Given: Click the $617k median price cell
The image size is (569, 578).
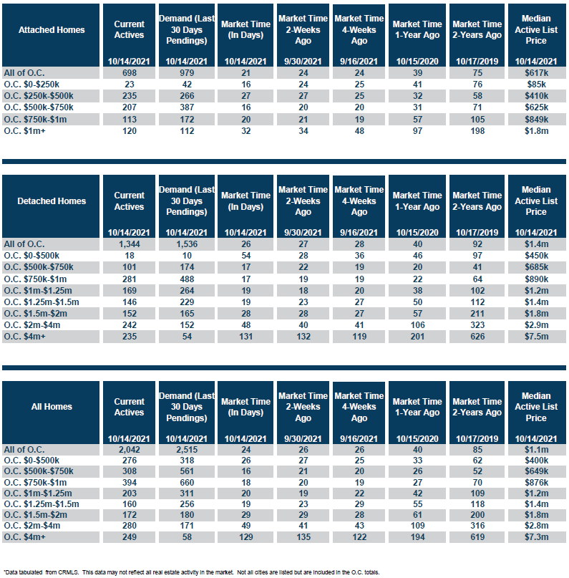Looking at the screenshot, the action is click(537, 73).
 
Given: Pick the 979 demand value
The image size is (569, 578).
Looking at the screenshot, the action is click(187, 73).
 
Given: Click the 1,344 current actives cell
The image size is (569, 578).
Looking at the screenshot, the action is click(130, 244).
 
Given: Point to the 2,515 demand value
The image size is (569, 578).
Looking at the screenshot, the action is click(187, 450).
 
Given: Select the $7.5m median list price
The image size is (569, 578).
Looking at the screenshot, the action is click(537, 337).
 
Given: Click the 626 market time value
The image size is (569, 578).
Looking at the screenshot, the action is click(477, 337).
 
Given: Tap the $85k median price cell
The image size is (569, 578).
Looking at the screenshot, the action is click(537, 85).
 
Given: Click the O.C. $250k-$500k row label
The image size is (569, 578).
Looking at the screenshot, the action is click(39, 96).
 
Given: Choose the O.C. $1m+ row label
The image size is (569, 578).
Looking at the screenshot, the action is click(24, 131).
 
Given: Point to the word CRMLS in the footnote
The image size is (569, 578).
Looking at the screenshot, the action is click(68, 572).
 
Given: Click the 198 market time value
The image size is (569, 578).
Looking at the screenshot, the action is click(477, 131).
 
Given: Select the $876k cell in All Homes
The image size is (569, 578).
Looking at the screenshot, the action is click(537, 483).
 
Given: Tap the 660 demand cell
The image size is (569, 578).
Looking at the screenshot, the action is click(187, 483).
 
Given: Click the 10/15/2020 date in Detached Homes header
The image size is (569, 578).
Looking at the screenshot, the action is click(417, 233).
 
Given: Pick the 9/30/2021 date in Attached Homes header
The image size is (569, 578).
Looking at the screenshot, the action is click(303, 62).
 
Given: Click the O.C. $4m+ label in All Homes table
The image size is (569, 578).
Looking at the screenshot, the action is click(24, 537).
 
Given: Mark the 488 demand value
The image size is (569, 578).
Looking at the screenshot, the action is click(187, 279).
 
